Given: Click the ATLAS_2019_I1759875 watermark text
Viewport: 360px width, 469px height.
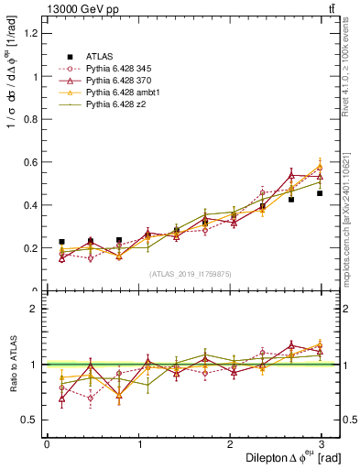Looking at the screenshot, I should (190, 273).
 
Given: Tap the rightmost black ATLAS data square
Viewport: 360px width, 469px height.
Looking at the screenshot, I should (320, 193).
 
